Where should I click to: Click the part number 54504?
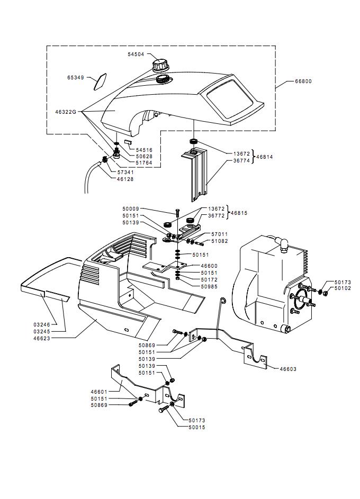(x=136, y=55)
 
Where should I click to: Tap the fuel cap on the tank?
(x=161, y=66)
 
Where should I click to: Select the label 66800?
(x=303, y=81)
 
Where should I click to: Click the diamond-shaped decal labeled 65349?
(x=100, y=82)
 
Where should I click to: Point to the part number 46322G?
(x=66, y=112)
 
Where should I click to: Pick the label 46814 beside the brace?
(x=265, y=157)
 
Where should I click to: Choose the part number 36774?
(x=242, y=161)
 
